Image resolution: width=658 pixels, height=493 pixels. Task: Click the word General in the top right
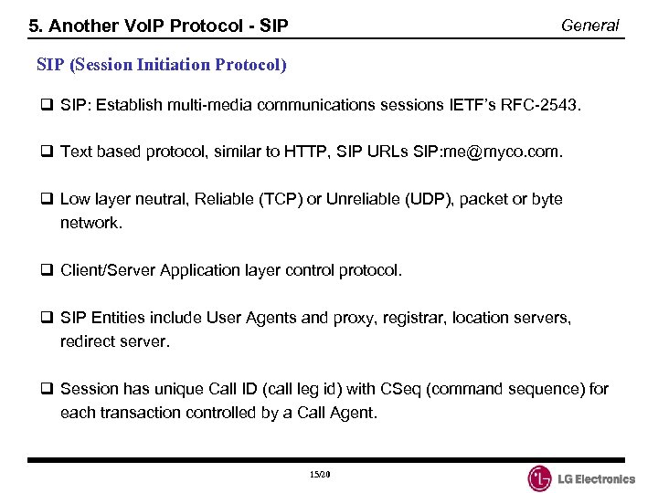click(589, 26)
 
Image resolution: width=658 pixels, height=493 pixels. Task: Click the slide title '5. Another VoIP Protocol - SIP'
click(159, 26)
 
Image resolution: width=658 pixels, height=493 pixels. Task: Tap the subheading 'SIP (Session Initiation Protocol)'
click(162, 65)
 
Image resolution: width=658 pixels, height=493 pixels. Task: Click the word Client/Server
click(108, 270)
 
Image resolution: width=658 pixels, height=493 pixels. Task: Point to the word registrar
click(396, 318)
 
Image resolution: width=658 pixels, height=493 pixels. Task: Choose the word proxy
click(351, 318)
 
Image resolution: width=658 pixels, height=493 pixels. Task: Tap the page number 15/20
click(319, 475)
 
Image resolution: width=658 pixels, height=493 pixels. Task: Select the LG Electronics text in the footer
click(598, 478)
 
